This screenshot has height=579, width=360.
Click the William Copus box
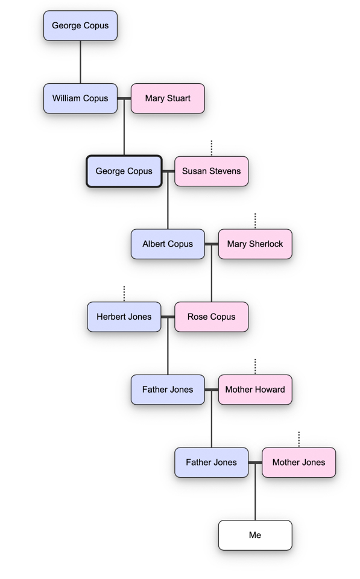80,98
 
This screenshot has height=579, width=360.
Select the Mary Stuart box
168,98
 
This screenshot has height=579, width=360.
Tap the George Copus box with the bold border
124,171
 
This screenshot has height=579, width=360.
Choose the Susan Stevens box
211,171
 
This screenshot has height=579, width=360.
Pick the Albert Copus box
168,244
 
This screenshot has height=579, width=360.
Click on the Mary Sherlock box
255,244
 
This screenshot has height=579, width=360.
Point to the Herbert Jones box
124,317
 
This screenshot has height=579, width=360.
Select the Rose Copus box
211,317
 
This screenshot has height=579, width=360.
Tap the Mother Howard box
255,389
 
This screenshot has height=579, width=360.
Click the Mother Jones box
298,462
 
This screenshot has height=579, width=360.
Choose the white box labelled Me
255,535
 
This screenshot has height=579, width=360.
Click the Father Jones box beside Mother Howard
168,389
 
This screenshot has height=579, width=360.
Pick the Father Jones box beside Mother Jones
211,462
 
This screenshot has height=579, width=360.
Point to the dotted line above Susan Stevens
212,148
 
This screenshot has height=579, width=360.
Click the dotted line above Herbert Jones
124,294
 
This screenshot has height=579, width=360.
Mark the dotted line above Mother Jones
298,439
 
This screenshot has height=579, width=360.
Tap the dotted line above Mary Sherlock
255,221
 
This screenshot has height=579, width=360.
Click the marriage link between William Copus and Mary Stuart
124,98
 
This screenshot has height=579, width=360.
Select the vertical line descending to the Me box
255,491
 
